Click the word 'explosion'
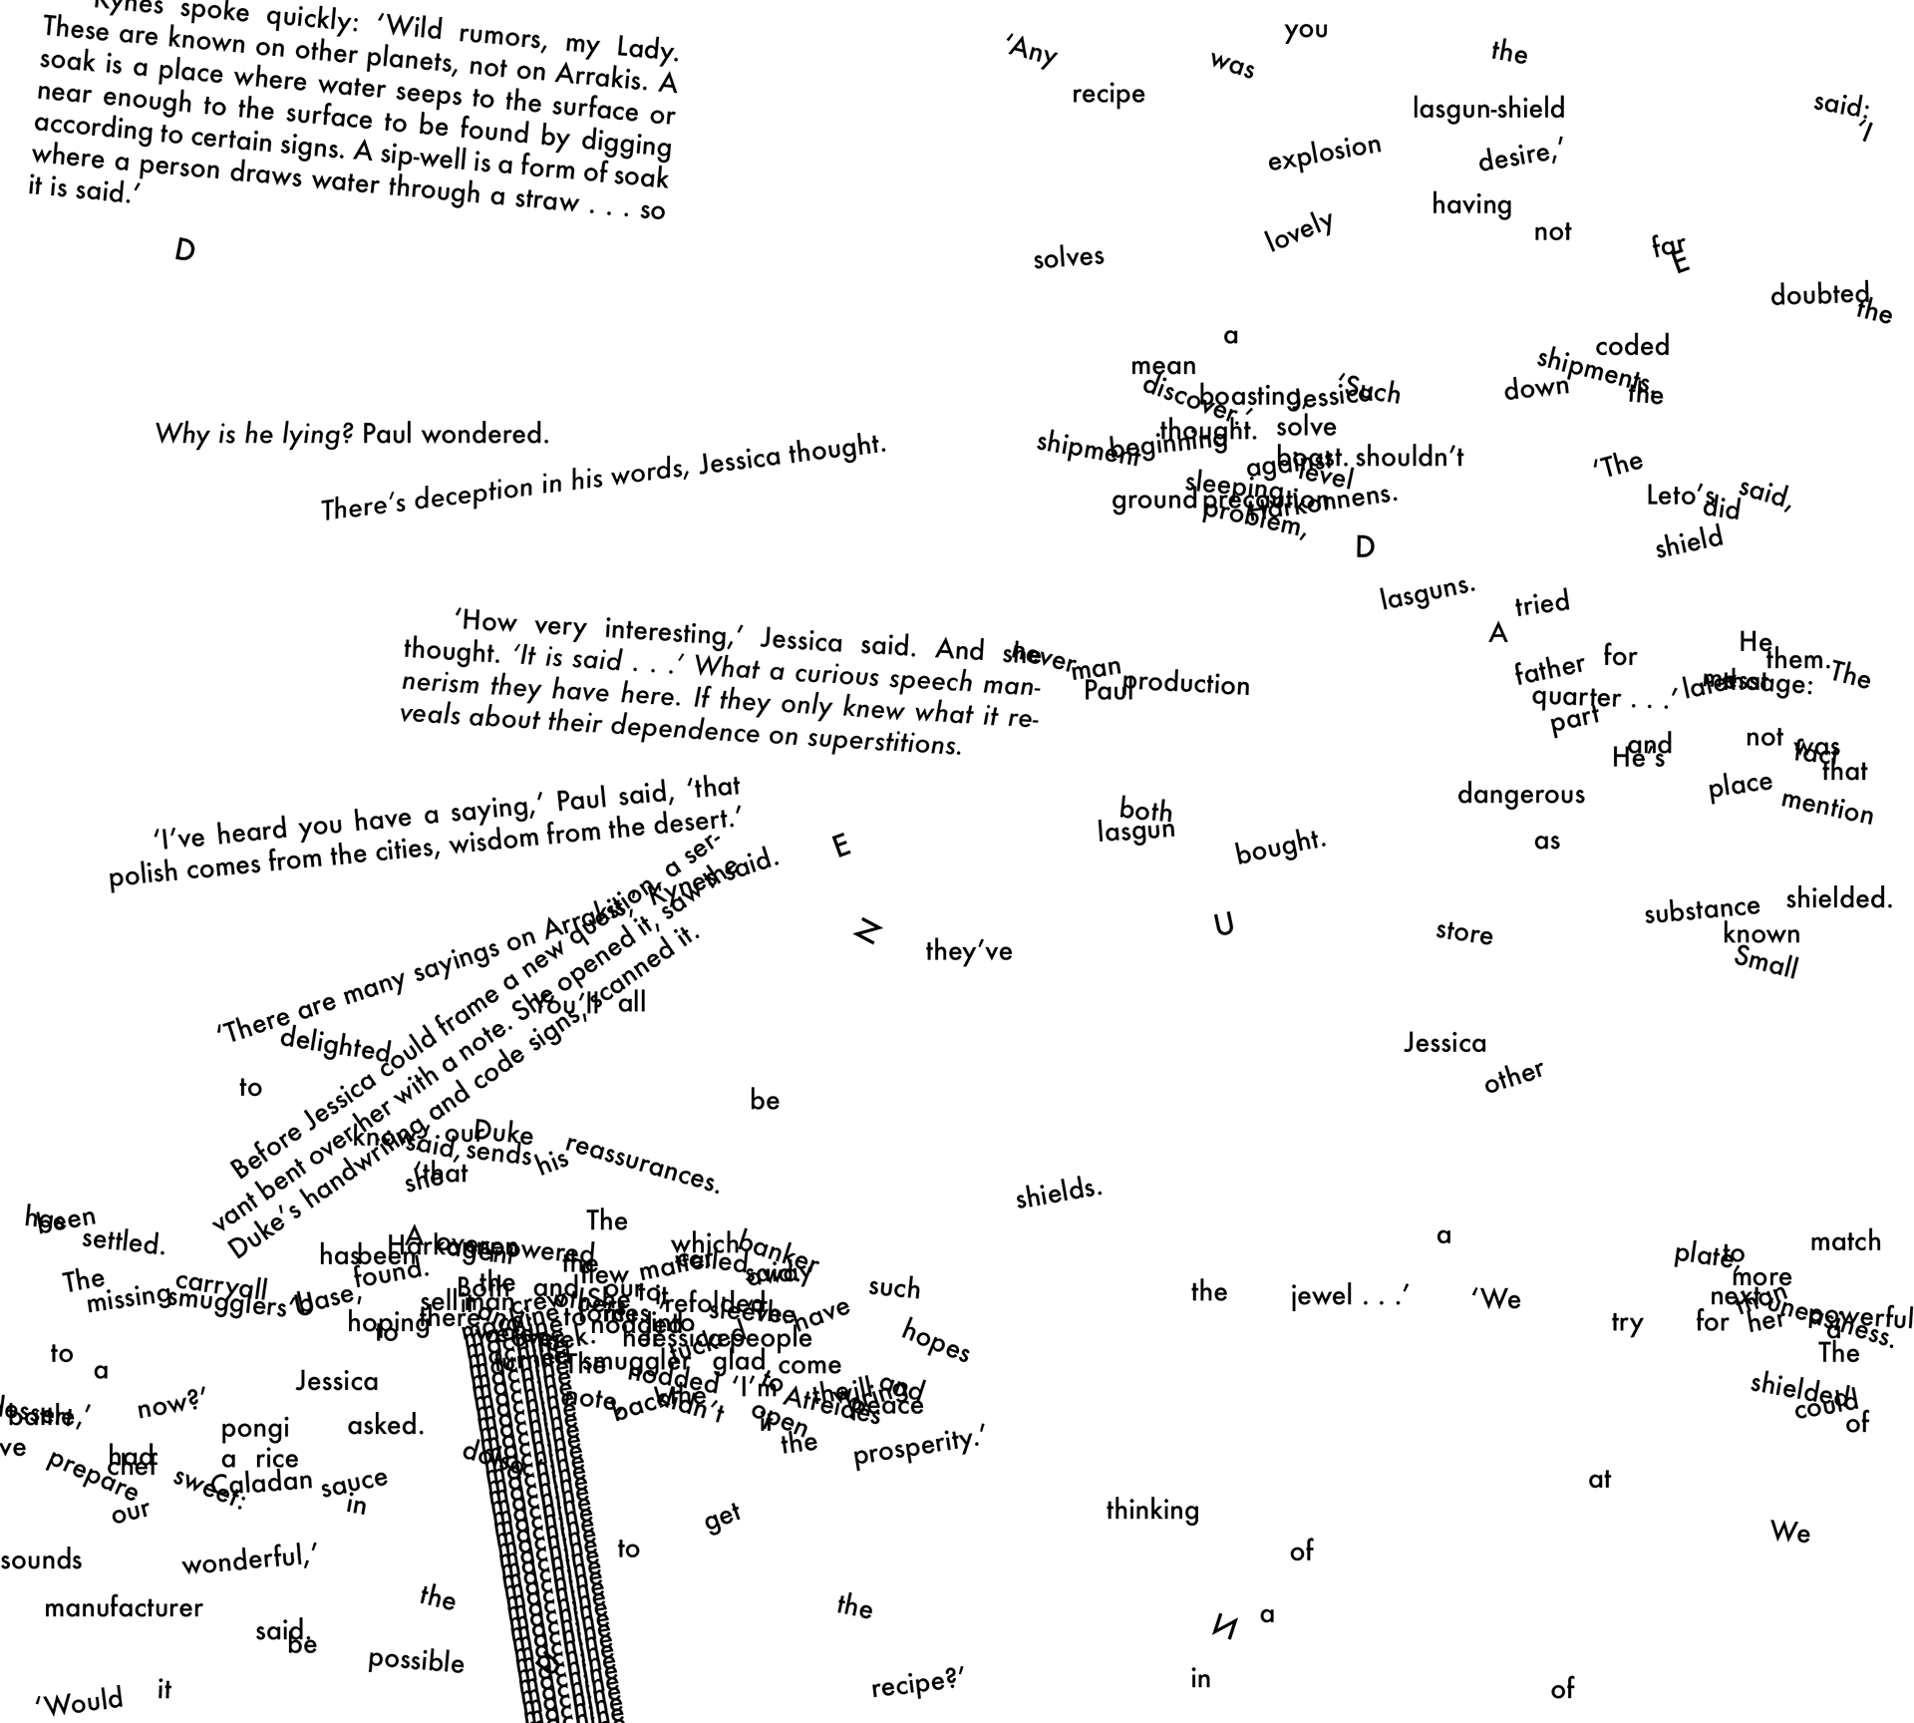[x=1324, y=154]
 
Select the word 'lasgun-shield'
[x=1488, y=109]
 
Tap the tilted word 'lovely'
[x=1299, y=231]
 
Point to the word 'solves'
[x=1069, y=257]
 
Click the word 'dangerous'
[x=1520, y=795]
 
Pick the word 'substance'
[x=1702, y=909]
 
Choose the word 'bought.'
[x=1280, y=848]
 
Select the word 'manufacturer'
[x=124, y=1608]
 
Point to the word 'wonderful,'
[x=249, y=1557]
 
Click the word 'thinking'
[x=1151, y=1511]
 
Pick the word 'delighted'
[x=336, y=1043]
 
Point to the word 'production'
[x=1186, y=684]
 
